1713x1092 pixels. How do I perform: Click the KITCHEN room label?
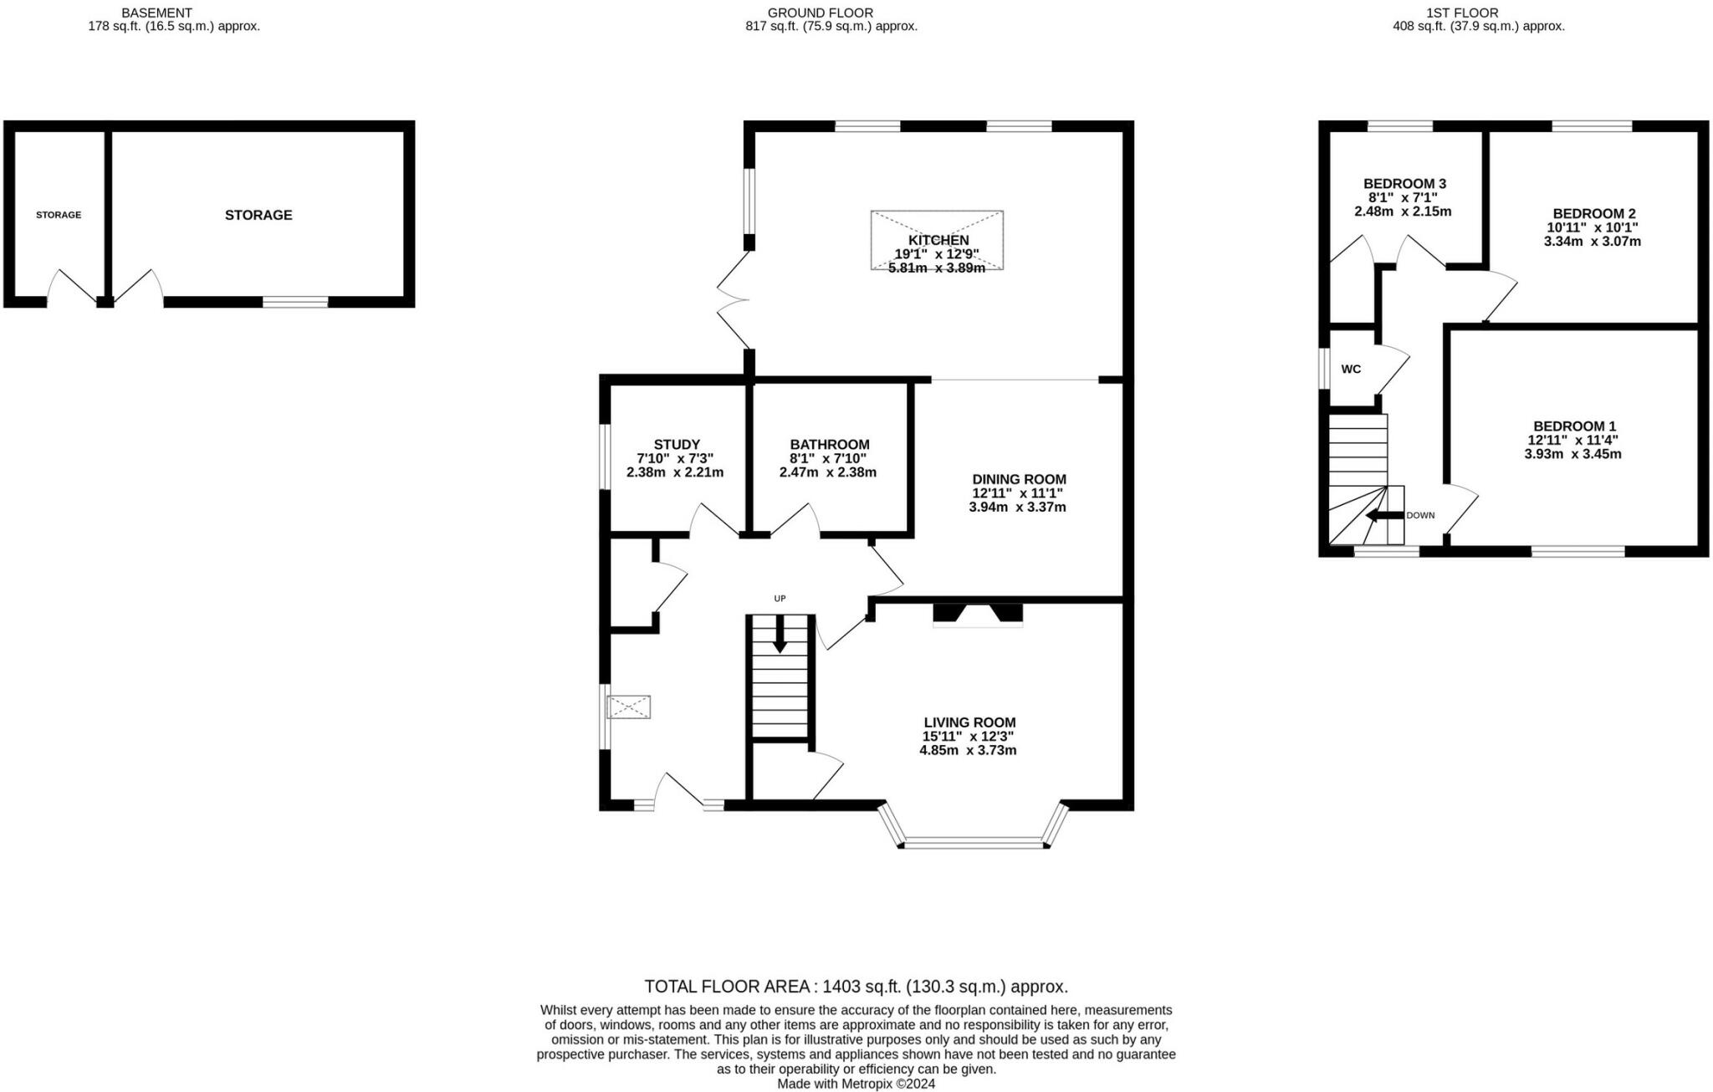938,241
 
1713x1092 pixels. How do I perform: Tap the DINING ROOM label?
1019,479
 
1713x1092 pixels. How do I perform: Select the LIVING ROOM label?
969,722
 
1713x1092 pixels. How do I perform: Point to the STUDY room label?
677,445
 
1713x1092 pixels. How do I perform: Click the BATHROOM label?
830,445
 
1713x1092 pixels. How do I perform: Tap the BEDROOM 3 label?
1404,184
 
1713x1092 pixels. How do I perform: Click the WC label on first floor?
1351,370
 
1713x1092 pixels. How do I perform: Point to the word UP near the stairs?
780,599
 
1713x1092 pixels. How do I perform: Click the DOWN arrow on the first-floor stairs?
1384,516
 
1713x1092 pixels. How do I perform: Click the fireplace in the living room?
978,615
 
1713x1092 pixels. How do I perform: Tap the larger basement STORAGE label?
258,215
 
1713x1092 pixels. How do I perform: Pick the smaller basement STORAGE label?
59,215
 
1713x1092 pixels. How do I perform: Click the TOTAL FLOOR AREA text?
856,987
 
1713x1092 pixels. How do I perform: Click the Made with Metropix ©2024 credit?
856,1084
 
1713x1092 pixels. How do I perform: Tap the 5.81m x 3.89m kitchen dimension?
937,268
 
